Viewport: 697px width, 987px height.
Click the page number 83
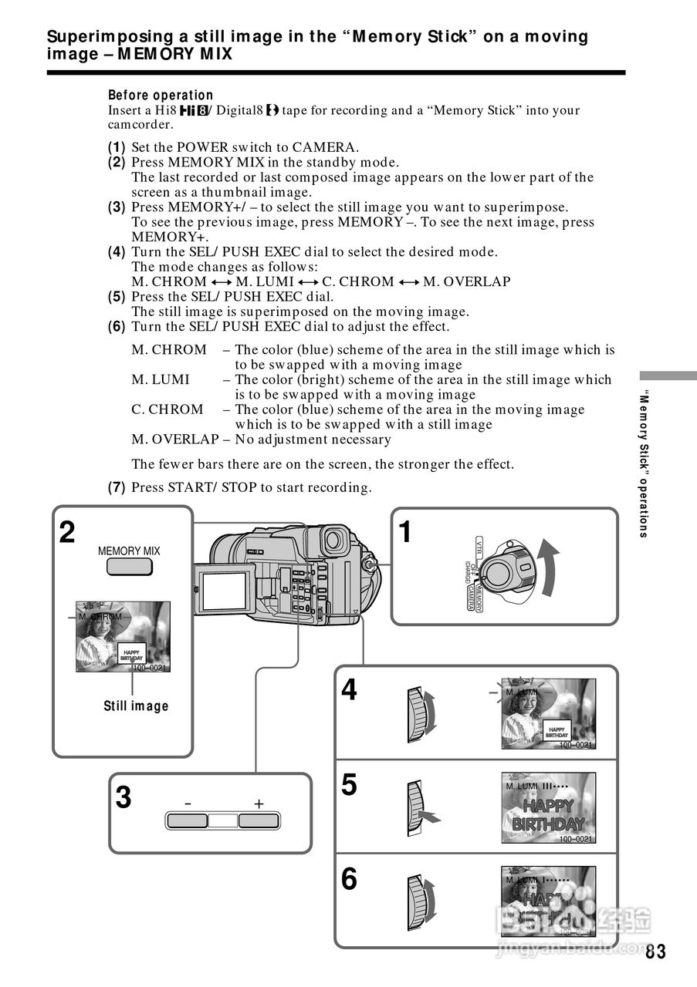[x=655, y=952]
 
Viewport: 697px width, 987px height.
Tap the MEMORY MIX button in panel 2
[x=129, y=568]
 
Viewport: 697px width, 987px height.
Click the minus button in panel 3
[x=187, y=820]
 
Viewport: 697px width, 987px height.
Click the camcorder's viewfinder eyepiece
[x=333, y=541]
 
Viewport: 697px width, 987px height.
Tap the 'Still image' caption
[x=136, y=706]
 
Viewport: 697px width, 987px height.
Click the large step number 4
[x=349, y=690]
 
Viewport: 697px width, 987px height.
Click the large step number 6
[x=349, y=879]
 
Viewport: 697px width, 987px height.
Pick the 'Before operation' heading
[x=161, y=95]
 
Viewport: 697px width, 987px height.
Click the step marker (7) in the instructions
[x=117, y=487]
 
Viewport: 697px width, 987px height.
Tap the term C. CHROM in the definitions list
[x=167, y=409]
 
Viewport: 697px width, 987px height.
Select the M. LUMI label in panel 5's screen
[x=523, y=786]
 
